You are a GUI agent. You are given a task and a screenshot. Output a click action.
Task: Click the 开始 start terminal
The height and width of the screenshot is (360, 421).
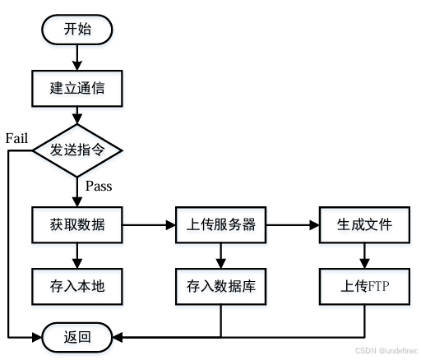78,30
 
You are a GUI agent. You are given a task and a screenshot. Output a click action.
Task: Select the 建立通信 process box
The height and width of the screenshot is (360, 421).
77,88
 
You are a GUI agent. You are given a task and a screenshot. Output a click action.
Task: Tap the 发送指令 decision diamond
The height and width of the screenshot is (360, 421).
77,150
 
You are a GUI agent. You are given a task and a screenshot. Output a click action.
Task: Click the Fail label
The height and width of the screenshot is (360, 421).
17,137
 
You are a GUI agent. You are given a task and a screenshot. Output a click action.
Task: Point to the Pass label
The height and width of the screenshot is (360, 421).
99,186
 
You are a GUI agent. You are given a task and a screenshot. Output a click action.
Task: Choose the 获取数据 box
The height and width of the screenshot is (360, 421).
77,224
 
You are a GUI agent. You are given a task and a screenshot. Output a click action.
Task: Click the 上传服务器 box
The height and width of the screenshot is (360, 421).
221,224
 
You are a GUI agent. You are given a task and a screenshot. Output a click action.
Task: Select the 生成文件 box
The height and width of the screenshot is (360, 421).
364,224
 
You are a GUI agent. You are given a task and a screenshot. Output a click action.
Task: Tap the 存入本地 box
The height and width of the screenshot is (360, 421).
77,287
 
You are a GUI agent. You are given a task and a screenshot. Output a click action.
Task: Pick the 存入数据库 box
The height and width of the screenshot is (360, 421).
221,287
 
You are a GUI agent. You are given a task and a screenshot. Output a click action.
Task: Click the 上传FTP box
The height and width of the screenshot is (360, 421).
364,287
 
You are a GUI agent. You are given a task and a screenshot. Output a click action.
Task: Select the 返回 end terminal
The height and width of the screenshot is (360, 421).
77,336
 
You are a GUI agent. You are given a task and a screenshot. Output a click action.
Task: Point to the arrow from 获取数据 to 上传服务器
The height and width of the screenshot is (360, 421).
149,224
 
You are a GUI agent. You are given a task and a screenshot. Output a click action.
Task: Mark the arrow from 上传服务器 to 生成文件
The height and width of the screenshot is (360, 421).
293,224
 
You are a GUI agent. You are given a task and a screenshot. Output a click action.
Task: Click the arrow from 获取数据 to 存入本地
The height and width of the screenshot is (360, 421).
77,256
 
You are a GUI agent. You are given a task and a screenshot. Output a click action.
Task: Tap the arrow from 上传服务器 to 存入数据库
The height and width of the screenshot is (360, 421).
221,256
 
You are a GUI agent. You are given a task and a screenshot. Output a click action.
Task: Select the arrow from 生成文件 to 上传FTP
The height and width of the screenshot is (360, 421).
364,256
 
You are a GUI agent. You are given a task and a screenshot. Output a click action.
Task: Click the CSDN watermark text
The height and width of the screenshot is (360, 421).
387,350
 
